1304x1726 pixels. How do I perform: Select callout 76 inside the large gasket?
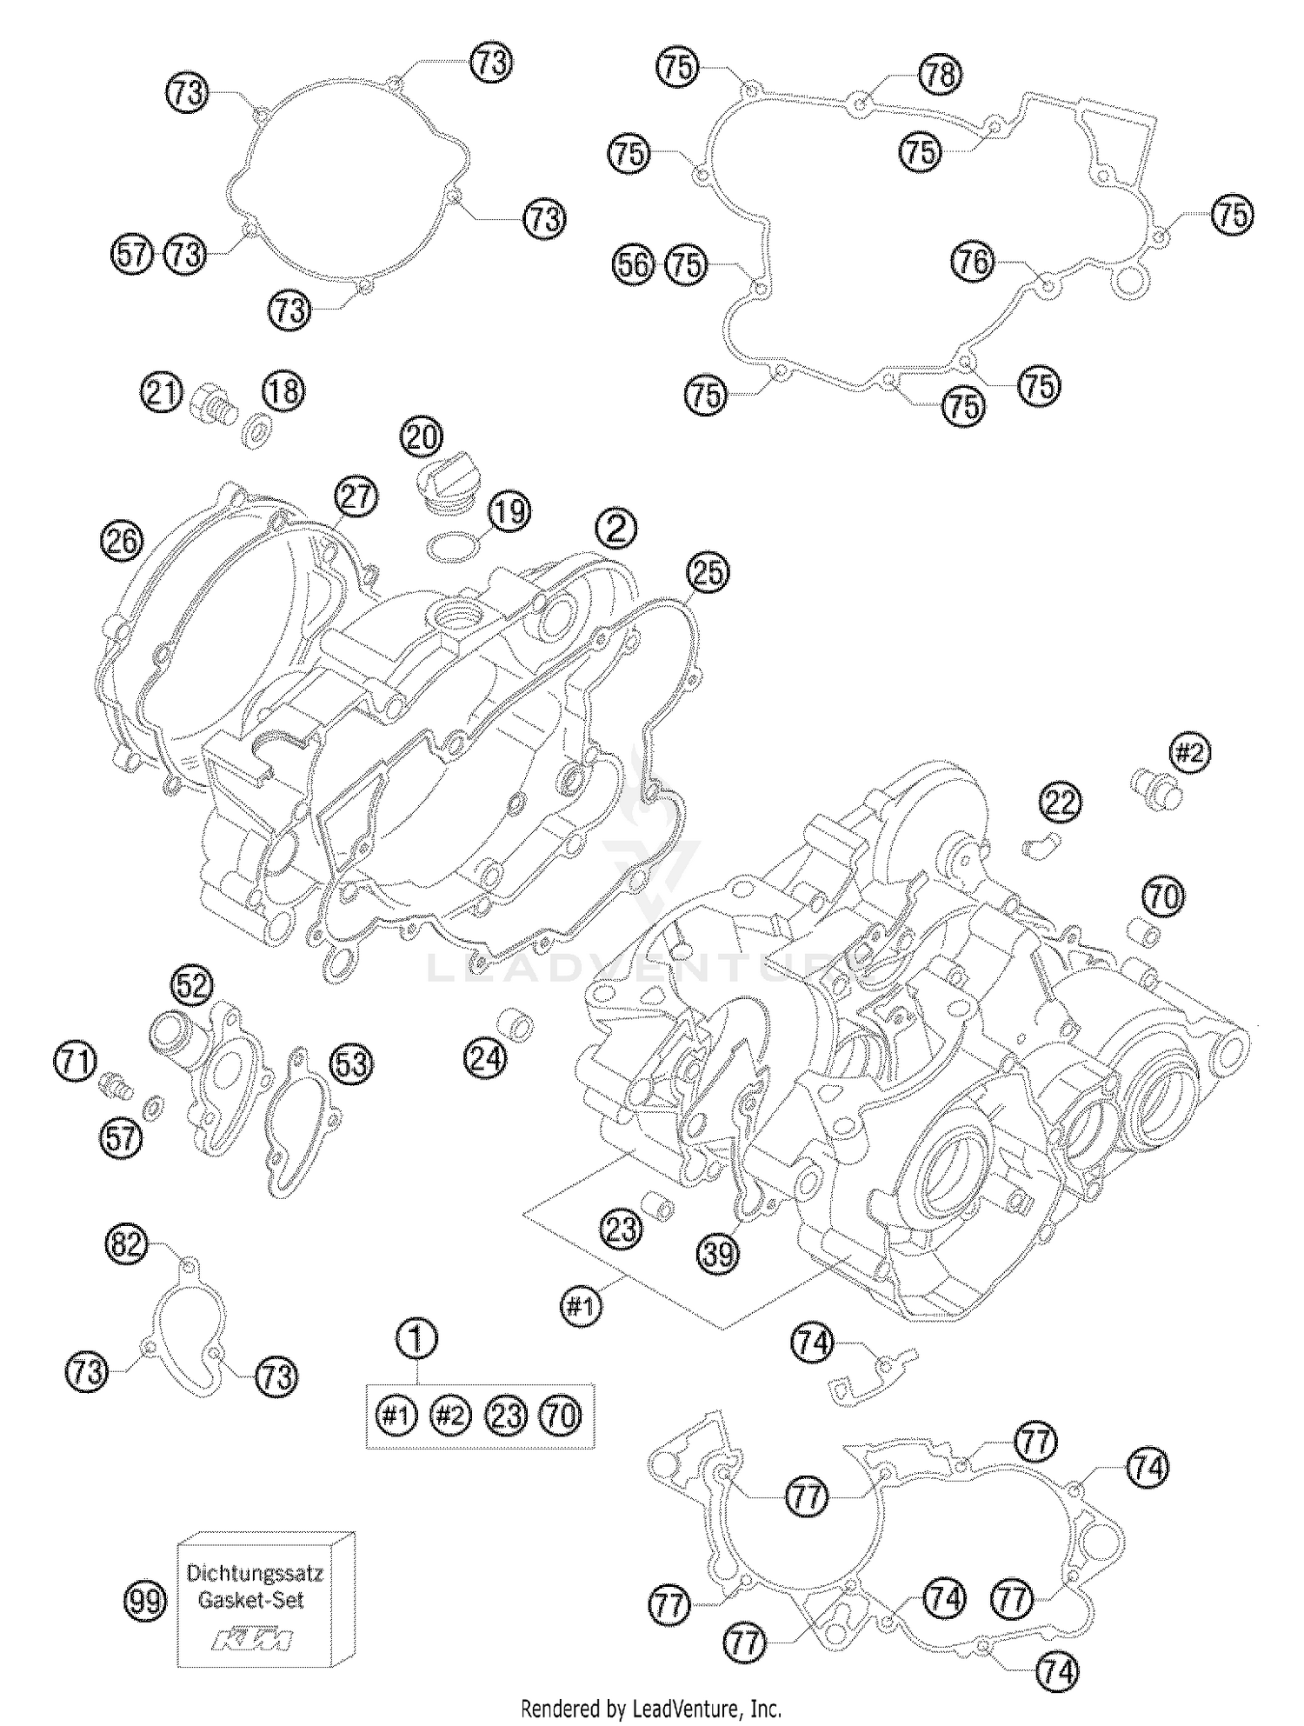point(974,261)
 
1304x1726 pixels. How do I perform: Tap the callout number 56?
point(634,264)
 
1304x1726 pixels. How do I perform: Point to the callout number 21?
point(162,393)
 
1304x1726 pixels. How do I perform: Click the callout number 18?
point(283,393)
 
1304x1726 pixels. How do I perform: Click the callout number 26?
point(122,542)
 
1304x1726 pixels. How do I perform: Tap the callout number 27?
point(356,498)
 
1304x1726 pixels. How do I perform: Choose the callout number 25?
point(709,573)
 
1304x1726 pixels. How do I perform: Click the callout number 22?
point(1060,803)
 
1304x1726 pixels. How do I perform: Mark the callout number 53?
point(352,1063)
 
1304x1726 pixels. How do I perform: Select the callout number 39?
point(718,1252)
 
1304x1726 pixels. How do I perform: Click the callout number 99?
point(144,1600)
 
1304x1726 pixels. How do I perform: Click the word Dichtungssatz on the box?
point(256,1573)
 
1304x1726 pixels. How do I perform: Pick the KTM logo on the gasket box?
point(254,1642)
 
